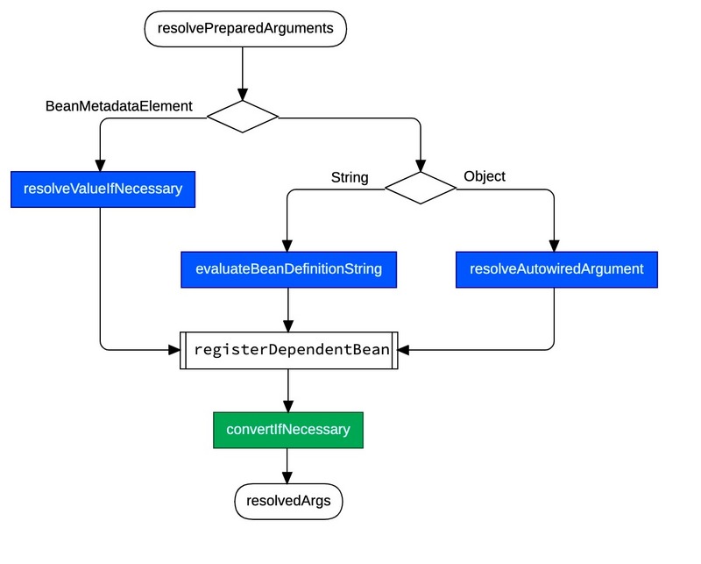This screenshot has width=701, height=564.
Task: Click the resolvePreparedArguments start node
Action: click(x=244, y=28)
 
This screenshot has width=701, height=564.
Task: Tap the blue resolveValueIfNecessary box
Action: click(x=103, y=189)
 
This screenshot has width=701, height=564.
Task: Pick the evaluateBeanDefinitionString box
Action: click(x=288, y=269)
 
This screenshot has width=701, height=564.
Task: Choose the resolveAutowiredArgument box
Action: click(x=556, y=269)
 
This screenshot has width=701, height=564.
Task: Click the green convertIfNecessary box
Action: click(x=288, y=430)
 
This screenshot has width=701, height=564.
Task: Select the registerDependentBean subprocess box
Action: click(x=288, y=349)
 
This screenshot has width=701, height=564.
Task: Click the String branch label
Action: click(x=349, y=178)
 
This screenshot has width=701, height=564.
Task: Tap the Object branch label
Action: click(x=484, y=176)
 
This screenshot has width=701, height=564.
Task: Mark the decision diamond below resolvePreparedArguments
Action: click(x=243, y=116)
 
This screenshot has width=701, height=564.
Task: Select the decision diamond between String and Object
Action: click(x=421, y=188)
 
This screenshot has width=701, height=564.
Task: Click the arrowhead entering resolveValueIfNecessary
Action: click(x=101, y=166)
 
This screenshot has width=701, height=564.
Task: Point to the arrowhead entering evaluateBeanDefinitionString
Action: click(x=288, y=246)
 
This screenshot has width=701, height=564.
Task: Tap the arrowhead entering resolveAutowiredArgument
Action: click(x=556, y=246)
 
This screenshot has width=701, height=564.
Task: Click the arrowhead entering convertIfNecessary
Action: click(x=288, y=406)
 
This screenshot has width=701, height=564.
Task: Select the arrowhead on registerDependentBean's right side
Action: click(x=405, y=349)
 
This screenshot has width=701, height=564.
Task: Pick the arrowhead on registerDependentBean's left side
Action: click(x=173, y=349)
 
